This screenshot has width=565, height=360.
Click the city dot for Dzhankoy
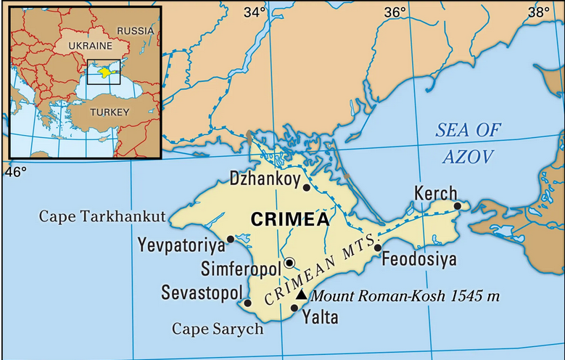tap(307, 187)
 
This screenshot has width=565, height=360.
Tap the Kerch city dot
tap(458, 206)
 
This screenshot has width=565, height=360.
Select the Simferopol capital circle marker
tap(289, 262)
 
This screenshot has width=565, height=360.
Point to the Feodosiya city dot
tap(377, 248)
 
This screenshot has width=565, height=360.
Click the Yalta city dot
tap(294, 308)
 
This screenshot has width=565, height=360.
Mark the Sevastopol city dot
tap(248, 303)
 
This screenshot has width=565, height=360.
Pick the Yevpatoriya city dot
tap(231, 239)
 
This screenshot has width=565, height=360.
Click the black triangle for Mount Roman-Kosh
tap(302, 295)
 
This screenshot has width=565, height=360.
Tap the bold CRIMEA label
tap(289, 218)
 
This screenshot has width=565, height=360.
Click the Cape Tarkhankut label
tap(102, 216)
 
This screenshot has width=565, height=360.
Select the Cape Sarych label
tap(217, 329)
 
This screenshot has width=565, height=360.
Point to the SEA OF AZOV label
tap(468, 143)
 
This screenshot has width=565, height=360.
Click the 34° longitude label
tap(255, 12)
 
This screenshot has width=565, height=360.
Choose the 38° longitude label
tap(538, 12)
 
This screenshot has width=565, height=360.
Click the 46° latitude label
tap(16, 171)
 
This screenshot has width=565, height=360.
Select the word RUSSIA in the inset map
tap(136, 30)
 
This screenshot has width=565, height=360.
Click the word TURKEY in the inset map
tap(109, 112)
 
